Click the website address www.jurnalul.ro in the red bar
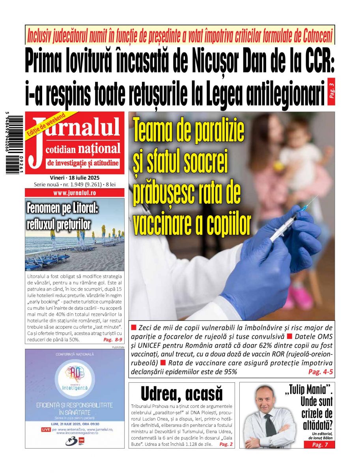[x=75, y=193]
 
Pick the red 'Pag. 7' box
[x=319, y=445]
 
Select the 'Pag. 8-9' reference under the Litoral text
[x=113, y=339]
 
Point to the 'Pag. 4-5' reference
[x=320, y=372]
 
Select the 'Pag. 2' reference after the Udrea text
[x=226, y=444]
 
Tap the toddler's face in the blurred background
[x=298, y=134]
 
